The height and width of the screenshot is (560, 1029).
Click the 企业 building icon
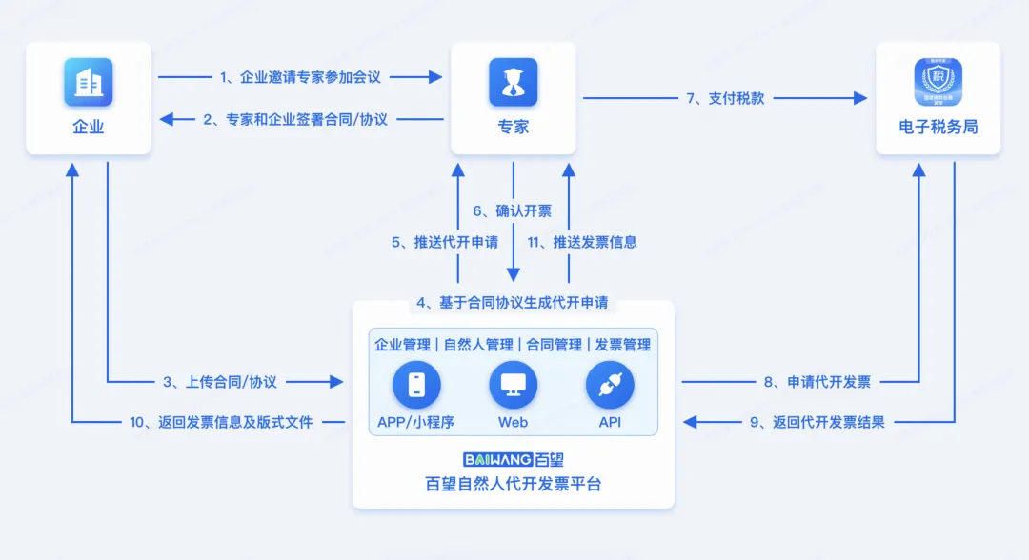89,83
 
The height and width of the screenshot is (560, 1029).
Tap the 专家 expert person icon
514,83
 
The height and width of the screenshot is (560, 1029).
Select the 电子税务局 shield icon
938,83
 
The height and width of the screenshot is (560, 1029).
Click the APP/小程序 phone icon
416,385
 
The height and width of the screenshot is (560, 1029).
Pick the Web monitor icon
514,385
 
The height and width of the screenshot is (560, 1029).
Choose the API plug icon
610,385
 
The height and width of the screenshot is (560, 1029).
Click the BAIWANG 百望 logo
514,459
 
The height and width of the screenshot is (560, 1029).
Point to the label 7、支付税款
725,97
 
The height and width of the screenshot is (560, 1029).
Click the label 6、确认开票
512,211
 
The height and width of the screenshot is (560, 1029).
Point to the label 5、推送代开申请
445,242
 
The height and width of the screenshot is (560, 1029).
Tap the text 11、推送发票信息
582,242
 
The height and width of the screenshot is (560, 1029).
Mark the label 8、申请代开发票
817,382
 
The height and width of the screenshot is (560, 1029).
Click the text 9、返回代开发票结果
817,422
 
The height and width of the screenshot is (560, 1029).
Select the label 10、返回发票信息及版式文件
221,422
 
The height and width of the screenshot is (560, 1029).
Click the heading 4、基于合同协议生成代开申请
512,303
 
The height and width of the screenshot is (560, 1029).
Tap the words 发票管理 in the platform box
623,345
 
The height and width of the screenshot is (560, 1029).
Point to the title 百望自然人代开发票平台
514,484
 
